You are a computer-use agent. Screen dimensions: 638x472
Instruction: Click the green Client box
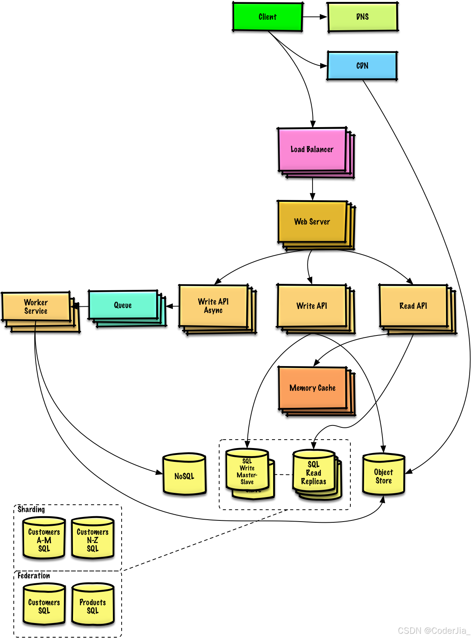[x=267, y=17]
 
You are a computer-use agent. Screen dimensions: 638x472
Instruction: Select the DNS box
[x=362, y=17]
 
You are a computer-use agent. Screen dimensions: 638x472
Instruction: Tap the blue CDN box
[x=362, y=65]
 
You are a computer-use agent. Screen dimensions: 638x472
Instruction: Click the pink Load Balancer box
[x=312, y=150]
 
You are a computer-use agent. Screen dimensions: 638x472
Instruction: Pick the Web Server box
[x=312, y=222]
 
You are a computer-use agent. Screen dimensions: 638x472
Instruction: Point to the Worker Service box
[x=36, y=307]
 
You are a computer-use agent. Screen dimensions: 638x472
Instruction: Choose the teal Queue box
[x=123, y=305]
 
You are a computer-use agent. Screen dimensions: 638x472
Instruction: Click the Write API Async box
[x=213, y=306]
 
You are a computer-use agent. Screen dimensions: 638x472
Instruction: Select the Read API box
[x=413, y=306]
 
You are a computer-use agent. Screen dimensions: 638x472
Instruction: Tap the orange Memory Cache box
[x=312, y=388]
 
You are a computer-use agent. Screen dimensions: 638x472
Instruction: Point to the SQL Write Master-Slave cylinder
[x=247, y=471]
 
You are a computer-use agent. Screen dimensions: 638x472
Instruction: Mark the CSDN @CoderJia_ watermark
[x=433, y=630]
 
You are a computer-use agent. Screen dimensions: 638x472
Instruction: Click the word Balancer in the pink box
[x=320, y=149]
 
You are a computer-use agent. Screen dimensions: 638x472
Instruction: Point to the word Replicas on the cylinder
[x=314, y=481]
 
